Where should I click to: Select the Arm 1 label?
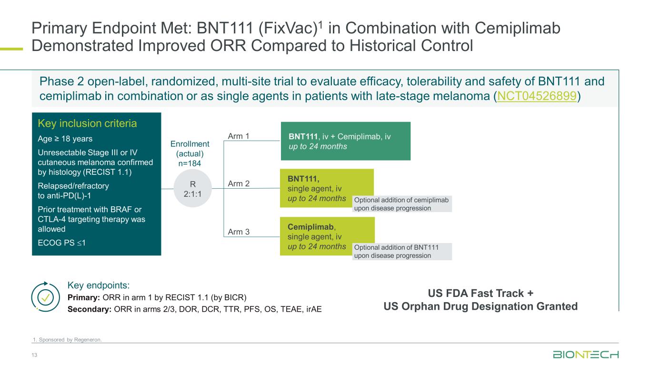click(239, 137)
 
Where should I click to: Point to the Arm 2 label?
click(239, 183)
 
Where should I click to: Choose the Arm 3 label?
click(239, 232)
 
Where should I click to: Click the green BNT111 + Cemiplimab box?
click(345, 141)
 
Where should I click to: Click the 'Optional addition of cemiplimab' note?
click(401, 204)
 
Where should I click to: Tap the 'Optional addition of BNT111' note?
click(401, 251)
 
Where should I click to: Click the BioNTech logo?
click(585, 355)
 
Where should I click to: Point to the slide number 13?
click(34, 356)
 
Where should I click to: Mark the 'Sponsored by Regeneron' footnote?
click(67, 340)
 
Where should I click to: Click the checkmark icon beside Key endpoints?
click(45, 297)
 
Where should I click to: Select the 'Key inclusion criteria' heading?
click(87, 124)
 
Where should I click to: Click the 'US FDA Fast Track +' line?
click(480, 293)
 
